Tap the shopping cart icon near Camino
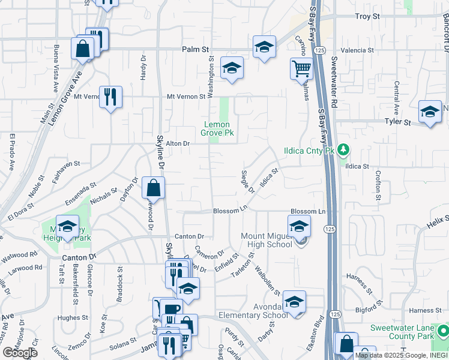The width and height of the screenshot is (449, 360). pos(301,68)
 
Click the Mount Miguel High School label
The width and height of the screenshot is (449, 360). pos(267,240)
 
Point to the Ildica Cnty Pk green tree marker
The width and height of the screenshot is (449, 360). pos(343,149)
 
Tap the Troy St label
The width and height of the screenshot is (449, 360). pos(367,17)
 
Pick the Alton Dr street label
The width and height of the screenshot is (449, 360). pos(178,143)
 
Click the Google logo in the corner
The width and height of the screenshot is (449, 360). pos(20,353)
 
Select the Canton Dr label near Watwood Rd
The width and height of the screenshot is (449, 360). pos(79,257)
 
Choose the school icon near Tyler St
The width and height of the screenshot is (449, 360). pos(430,112)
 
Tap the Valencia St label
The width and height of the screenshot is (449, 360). pos(357,50)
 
